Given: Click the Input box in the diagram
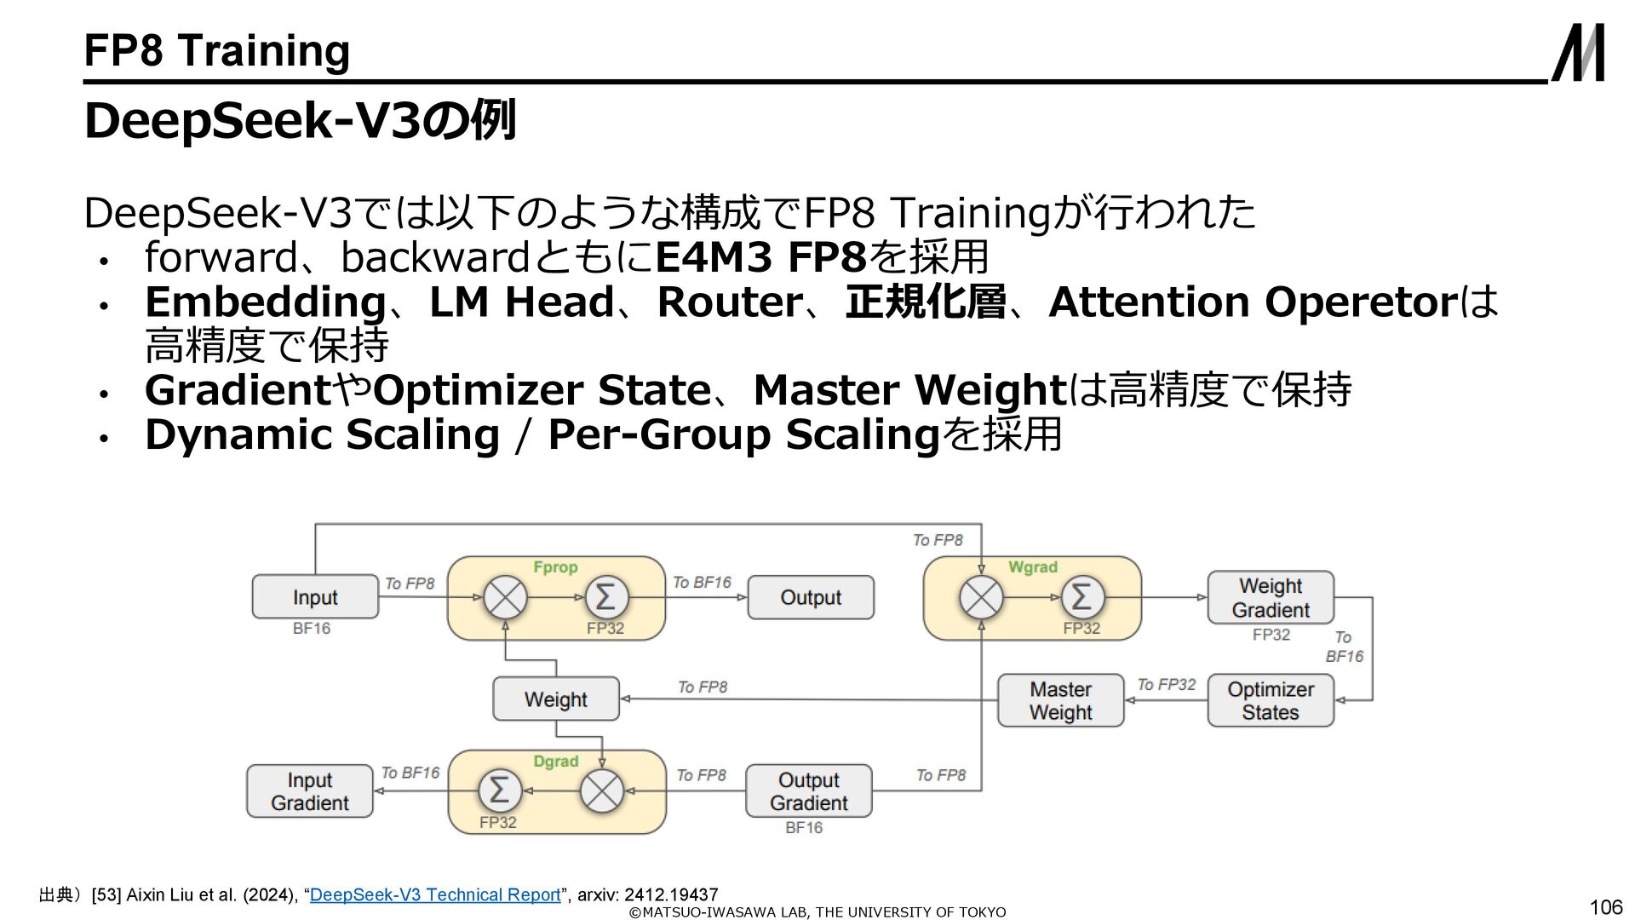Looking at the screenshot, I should [x=315, y=597].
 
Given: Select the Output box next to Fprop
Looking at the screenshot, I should [x=810, y=597].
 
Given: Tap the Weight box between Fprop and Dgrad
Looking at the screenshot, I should [x=555, y=699].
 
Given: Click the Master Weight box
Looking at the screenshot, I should [x=1060, y=700].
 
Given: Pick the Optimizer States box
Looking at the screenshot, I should [x=1270, y=700].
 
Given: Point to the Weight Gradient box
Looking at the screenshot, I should [x=1270, y=597].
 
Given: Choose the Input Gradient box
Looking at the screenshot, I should [x=310, y=791].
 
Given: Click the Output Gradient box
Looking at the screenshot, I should [x=808, y=791].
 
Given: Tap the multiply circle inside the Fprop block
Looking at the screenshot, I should [x=505, y=597].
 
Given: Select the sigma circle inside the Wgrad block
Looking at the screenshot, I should [x=1081, y=597].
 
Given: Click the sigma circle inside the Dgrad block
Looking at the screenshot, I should [x=500, y=791].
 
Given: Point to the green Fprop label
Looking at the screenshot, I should [x=555, y=567].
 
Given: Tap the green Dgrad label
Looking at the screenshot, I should [x=555, y=762].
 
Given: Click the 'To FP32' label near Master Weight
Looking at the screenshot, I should [x=1166, y=685].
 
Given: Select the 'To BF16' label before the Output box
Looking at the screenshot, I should [x=702, y=583].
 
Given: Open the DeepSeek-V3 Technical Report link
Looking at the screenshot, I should [x=435, y=894].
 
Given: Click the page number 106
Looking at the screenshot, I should [x=1605, y=907].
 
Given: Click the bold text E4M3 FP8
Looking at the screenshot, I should [x=760, y=257].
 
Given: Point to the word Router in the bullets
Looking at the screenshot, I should [x=730, y=302].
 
